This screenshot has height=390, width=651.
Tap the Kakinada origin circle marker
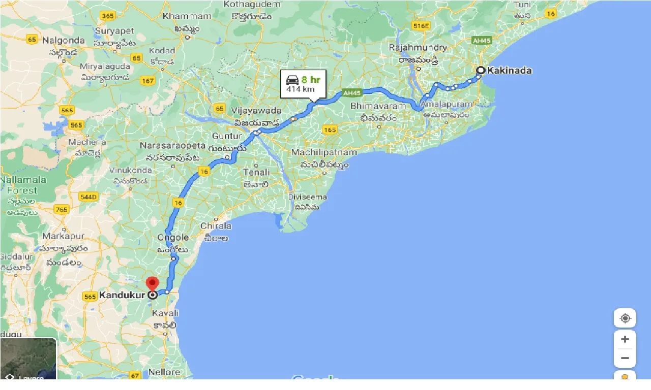click(480, 71)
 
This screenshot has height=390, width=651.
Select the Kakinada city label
click(509, 71)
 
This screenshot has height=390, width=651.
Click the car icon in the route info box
click(292, 80)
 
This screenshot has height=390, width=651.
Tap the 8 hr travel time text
click(311, 79)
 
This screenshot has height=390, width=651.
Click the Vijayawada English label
click(256, 111)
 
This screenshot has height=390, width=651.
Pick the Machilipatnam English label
click(324, 152)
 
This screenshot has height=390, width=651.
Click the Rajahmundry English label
click(418, 48)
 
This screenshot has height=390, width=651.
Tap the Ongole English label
click(173, 237)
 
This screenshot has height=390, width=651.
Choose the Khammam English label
click(187, 16)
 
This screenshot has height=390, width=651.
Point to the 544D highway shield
click(88, 197)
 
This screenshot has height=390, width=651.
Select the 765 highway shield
click(62, 209)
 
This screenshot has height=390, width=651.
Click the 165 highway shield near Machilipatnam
click(330, 130)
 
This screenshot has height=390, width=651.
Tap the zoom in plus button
click(625, 339)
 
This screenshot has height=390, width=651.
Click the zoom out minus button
click(625, 358)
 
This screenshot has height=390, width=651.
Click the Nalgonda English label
click(64, 40)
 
